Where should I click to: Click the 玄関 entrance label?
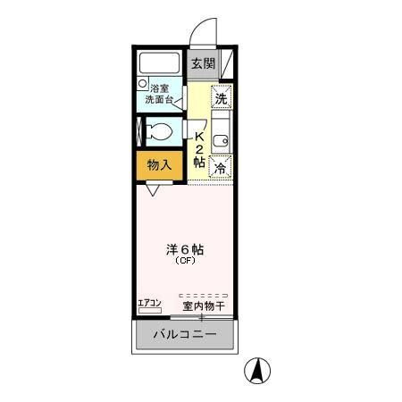(203, 63)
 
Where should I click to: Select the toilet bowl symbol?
(161, 133)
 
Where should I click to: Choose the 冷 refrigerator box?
(221, 167)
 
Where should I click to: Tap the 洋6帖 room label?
(184, 250)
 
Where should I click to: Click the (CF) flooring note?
(184, 262)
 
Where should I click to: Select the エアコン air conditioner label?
(149, 304)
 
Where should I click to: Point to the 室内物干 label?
(203, 306)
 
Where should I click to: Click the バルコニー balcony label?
(184, 335)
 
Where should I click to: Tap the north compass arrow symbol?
(259, 369)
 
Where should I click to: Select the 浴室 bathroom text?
(160, 88)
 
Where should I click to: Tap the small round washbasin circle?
(142, 84)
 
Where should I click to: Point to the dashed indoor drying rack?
(203, 295)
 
